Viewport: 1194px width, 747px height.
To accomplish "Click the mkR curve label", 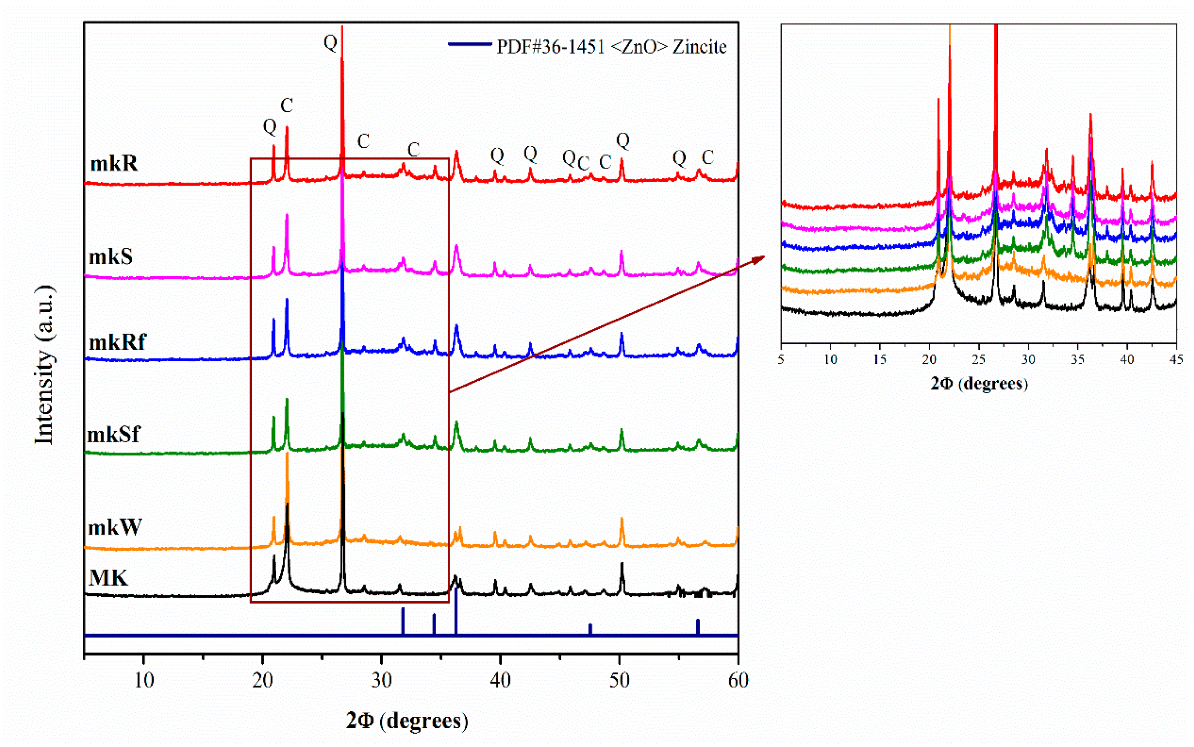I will tap(113, 163).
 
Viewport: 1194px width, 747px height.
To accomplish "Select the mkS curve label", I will tap(111, 257).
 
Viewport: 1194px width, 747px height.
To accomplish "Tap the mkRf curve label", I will tap(117, 342).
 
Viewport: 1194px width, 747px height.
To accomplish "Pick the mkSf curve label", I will tap(113, 435).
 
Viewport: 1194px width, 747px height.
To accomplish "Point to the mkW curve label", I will tap(115, 528).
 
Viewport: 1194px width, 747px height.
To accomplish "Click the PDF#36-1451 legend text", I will tap(611, 47).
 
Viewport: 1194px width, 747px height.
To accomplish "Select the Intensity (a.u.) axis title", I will tap(45, 365).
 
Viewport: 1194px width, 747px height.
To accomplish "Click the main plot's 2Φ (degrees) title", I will tap(407, 720).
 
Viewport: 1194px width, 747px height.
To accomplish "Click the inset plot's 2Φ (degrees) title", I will tap(979, 384).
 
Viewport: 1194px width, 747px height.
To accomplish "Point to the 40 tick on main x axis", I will tap(500, 681).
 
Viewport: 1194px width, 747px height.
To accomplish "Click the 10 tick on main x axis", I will tap(144, 681).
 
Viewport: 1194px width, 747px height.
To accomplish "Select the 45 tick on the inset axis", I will tap(1176, 359).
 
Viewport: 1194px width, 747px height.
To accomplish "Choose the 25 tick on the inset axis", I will tap(979, 359).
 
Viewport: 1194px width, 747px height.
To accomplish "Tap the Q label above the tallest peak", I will tap(330, 42).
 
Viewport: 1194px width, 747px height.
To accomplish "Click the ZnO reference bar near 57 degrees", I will tap(697, 627).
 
